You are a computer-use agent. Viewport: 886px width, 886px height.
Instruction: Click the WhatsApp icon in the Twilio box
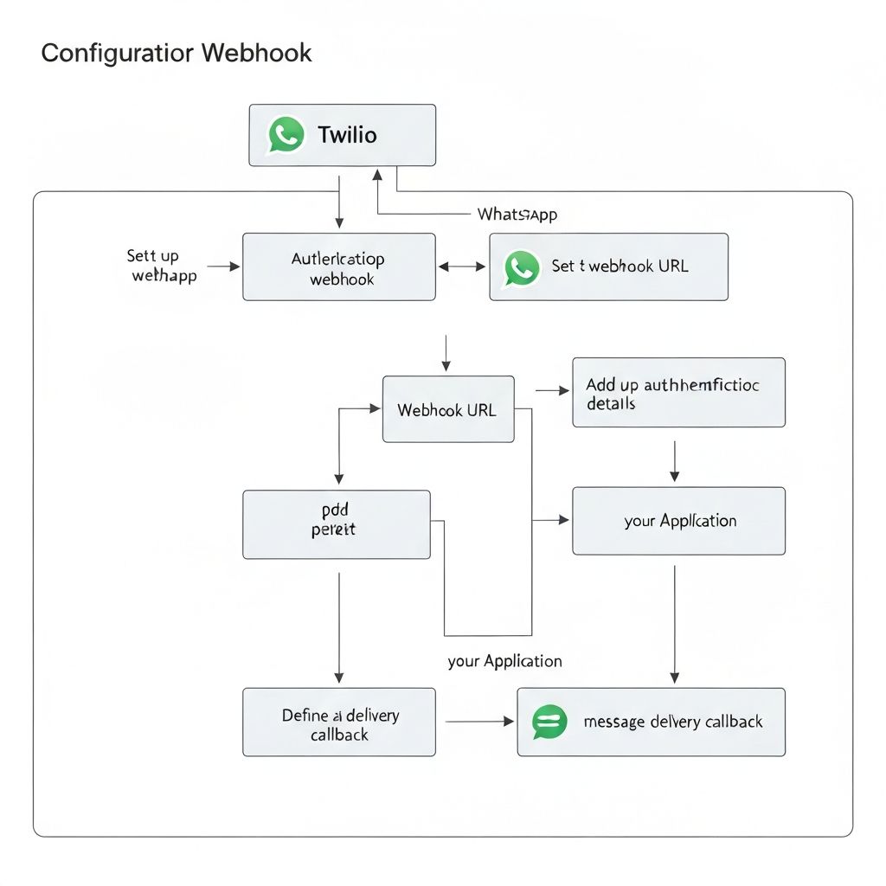click(x=286, y=135)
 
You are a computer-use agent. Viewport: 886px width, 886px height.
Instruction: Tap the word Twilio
click(x=347, y=135)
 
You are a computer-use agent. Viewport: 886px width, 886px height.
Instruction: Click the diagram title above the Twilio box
click(x=177, y=53)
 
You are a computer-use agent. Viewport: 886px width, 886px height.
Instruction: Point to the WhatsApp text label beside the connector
click(x=517, y=214)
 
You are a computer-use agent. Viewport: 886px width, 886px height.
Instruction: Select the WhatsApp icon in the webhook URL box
click(x=522, y=267)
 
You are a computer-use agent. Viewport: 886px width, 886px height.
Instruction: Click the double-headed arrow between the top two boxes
click(x=462, y=267)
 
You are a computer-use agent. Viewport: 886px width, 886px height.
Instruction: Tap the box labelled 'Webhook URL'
click(x=447, y=409)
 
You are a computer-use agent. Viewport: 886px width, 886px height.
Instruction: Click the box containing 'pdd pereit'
click(x=336, y=524)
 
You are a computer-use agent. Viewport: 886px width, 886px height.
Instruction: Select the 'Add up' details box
click(x=678, y=393)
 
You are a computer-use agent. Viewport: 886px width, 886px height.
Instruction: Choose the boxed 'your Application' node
click(x=678, y=521)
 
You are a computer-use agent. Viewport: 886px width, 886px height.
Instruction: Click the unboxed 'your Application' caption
click(x=504, y=661)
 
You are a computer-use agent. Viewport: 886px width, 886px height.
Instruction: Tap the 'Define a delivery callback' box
click(x=338, y=722)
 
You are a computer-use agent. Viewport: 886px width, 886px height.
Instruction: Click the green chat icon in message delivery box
click(x=550, y=722)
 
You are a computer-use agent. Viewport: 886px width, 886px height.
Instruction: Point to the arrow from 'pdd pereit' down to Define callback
click(x=338, y=627)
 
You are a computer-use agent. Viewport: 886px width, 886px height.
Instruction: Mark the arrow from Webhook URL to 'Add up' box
click(x=552, y=391)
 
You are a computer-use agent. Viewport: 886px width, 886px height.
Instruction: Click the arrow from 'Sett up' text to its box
click(x=223, y=267)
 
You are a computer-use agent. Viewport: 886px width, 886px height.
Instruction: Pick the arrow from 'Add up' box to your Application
click(x=675, y=460)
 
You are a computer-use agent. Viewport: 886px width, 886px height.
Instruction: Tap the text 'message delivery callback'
click(x=673, y=722)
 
